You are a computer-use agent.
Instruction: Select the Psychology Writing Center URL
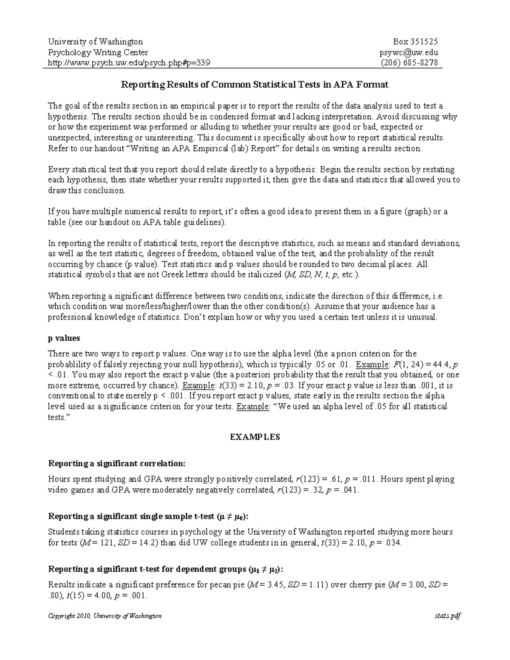coord(129,63)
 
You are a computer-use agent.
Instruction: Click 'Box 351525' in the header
coord(415,41)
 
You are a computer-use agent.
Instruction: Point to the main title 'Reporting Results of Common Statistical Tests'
coord(255,85)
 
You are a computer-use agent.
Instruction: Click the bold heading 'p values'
coord(64,338)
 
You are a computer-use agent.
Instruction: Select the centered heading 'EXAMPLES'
coord(255,437)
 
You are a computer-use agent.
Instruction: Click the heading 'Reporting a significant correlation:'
coord(117,463)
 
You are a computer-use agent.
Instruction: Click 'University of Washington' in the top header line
coord(95,41)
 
